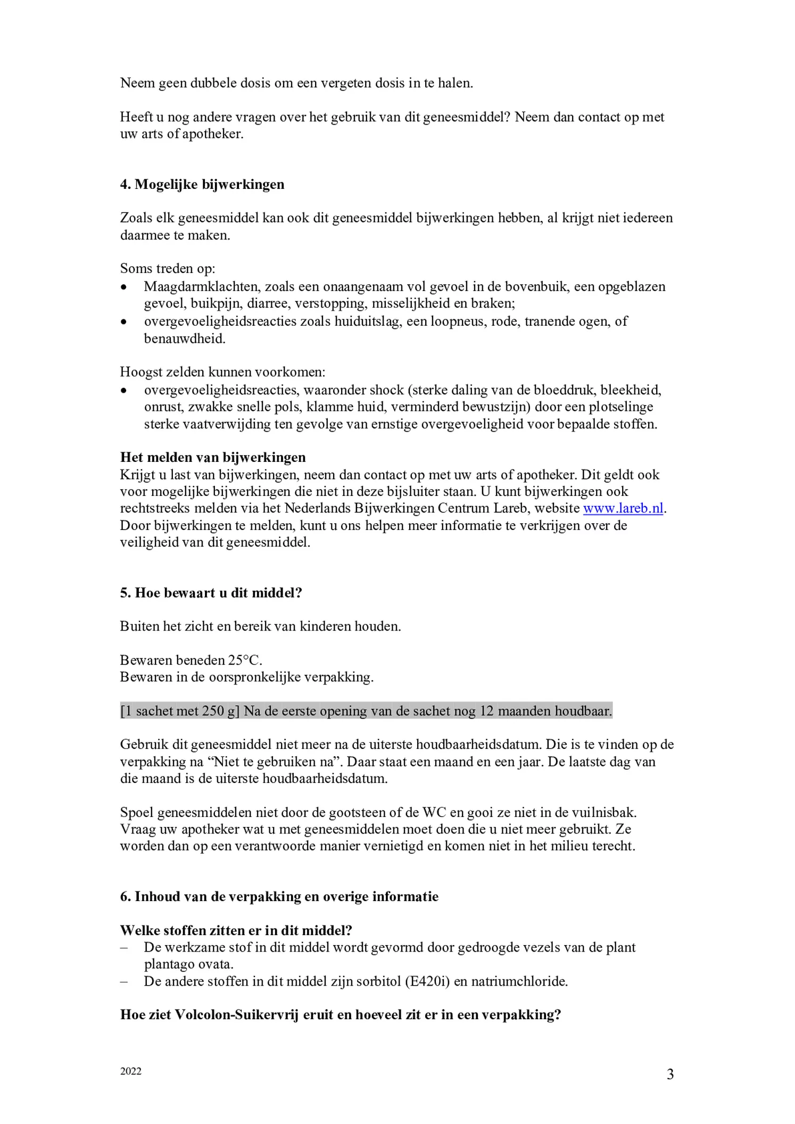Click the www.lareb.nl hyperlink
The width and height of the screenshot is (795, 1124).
click(x=623, y=508)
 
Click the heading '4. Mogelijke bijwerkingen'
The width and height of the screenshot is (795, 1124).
click(x=202, y=184)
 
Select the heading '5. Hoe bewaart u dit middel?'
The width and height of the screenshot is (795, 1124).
click(x=211, y=593)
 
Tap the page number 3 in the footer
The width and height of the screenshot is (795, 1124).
click(x=670, y=1075)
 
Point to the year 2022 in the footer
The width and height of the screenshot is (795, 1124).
click(x=131, y=1071)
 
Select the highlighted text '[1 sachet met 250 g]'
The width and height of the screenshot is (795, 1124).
click(x=180, y=711)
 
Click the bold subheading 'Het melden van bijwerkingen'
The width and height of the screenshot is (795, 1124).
click(x=213, y=458)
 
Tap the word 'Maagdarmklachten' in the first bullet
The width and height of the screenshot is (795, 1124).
click(x=202, y=287)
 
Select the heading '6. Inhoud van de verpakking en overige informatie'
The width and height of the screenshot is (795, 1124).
click(x=279, y=897)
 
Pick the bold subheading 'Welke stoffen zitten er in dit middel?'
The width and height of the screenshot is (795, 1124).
click(x=236, y=931)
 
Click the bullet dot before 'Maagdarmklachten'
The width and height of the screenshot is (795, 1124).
click(x=124, y=287)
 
